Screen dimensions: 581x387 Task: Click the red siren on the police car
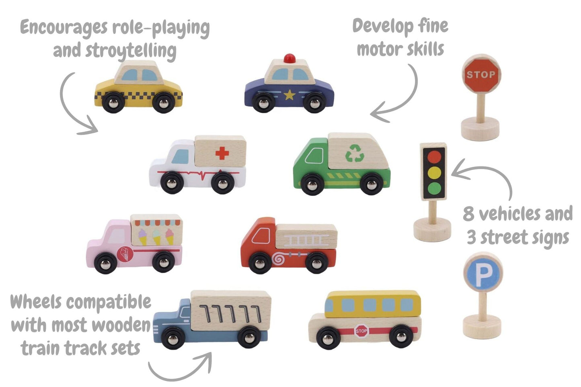[289, 59]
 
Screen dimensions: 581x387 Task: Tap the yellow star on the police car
[289, 95]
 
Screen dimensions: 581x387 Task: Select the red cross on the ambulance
[222, 153]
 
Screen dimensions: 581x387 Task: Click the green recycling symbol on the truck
[355, 153]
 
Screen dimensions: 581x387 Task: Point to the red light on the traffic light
[434, 157]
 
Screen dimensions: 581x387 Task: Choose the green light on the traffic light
[434, 188]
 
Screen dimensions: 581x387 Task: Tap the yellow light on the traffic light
[434, 172]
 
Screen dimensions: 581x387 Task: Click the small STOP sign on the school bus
[361, 331]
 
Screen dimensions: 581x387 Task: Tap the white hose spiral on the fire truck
[278, 258]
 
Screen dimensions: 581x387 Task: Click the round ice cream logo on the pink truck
[125, 254]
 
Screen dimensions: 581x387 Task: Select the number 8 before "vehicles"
[469, 214]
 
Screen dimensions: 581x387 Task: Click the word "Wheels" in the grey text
[36, 302]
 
